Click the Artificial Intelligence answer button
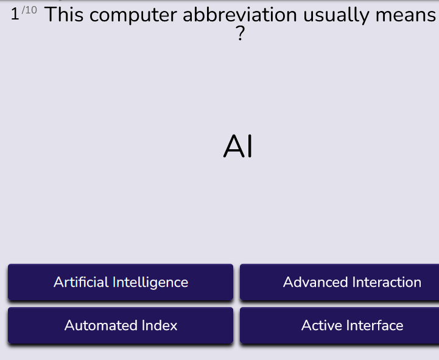pyautogui.click(x=121, y=282)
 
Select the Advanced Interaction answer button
pyautogui.click(x=339, y=282)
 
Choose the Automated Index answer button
pyautogui.click(x=121, y=325)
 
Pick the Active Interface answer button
pyautogui.click(x=339, y=325)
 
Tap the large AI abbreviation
pyautogui.click(x=238, y=147)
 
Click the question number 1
pyautogui.click(x=15, y=14)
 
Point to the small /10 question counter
pyautogui.click(x=29, y=10)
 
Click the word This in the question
pyautogui.click(x=64, y=15)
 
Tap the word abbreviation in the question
pyautogui.click(x=240, y=15)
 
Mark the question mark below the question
pyautogui.click(x=241, y=34)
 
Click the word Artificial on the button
pyautogui.click(x=81, y=282)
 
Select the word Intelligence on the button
pyautogui.click(x=150, y=283)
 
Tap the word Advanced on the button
pyautogui.click(x=315, y=282)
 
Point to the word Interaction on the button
pyautogui.click(x=387, y=282)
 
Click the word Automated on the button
pyautogui.click(x=101, y=325)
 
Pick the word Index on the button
pyautogui.click(x=160, y=325)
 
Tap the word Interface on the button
pyautogui.click(x=374, y=325)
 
